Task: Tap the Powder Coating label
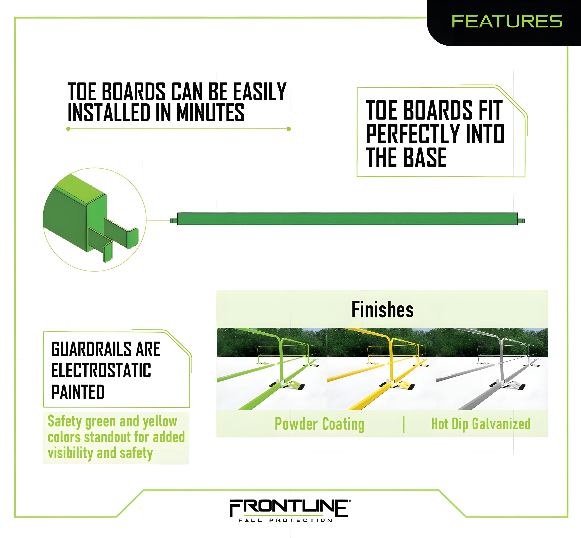[x=319, y=424]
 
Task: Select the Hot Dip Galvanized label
[x=481, y=424]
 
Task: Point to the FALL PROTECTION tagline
[x=285, y=520]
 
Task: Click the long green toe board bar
[x=347, y=219]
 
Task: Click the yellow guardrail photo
[x=381, y=369]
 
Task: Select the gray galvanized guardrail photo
[x=492, y=369]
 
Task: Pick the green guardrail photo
[x=272, y=369]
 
